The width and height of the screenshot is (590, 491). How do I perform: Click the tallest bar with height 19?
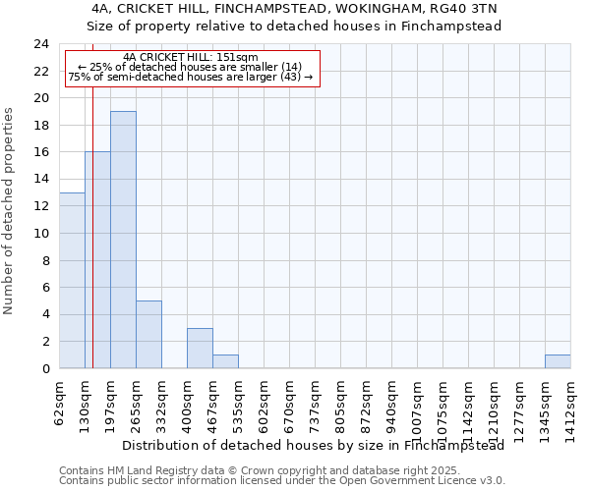tap(123, 240)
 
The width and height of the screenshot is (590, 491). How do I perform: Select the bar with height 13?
tap(72, 280)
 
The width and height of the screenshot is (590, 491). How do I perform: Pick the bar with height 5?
tap(148, 334)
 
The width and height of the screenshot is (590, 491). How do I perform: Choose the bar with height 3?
tap(200, 348)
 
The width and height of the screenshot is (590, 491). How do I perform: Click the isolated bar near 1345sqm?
tap(558, 361)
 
